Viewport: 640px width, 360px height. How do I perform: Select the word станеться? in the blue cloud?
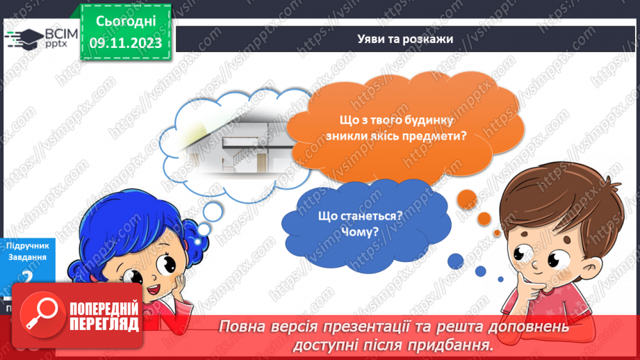[376, 215]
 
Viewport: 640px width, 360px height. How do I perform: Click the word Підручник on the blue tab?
[27, 245]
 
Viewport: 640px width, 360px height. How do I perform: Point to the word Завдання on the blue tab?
[27, 256]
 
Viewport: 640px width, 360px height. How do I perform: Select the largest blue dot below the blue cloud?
[455, 261]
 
